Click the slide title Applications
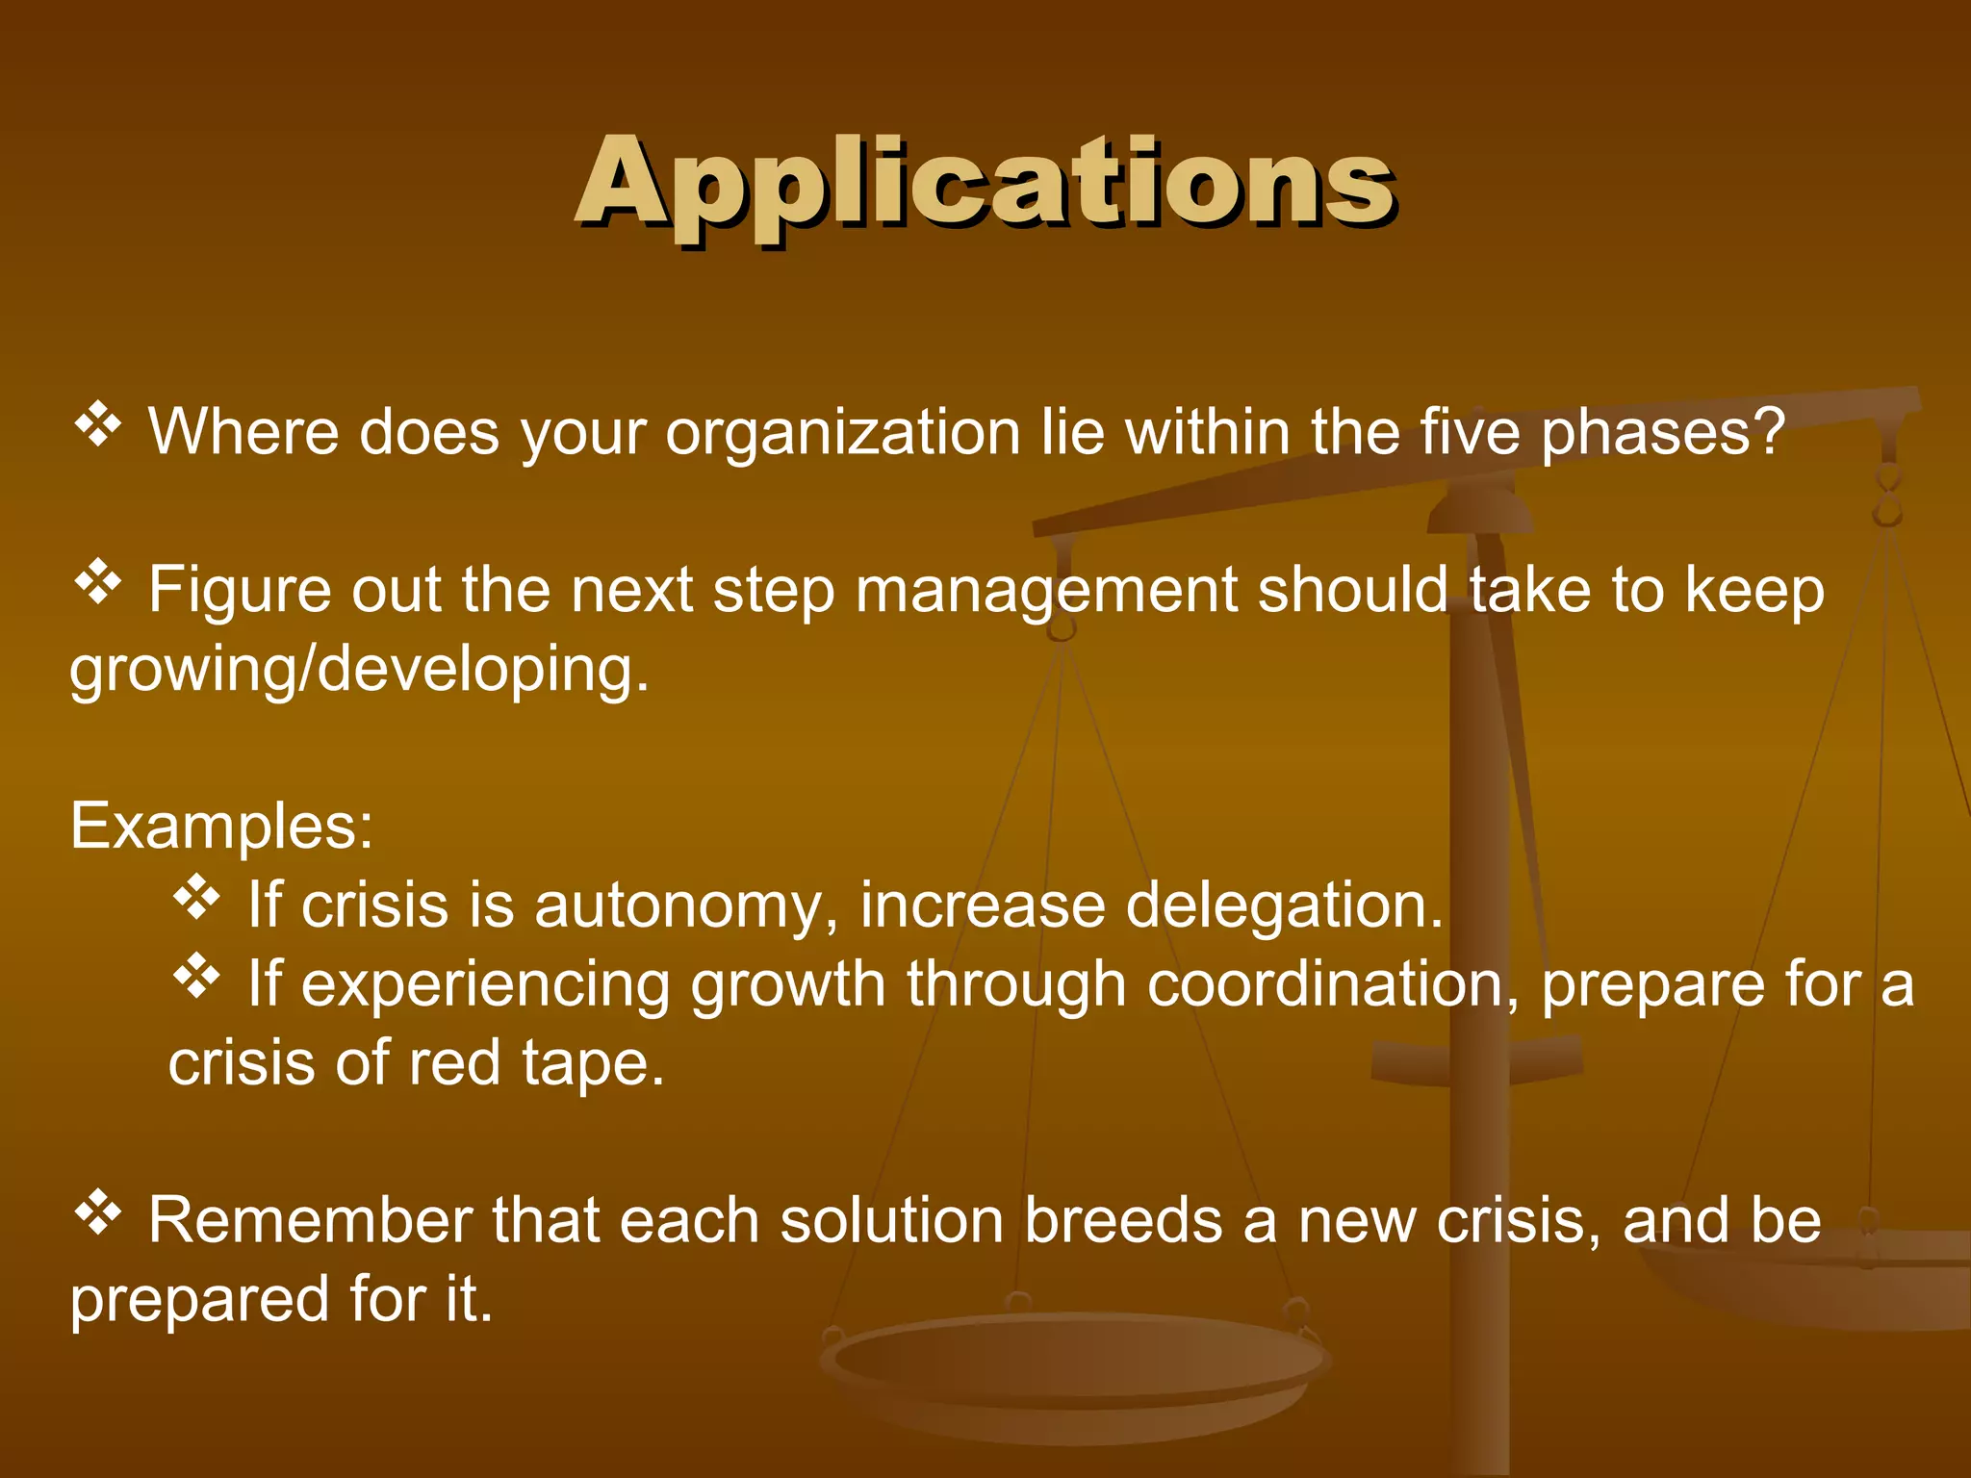coord(985,183)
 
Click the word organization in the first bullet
coord(842,433)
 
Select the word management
coord(1046,591)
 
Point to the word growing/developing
coord(360,670)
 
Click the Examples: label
coord(221,826)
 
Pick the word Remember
coord(310,1222)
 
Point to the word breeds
coord(1122,1222)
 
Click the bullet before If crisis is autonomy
coord(197,898)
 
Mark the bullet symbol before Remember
coord(98,1213)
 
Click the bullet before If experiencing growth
coord(197,977)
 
